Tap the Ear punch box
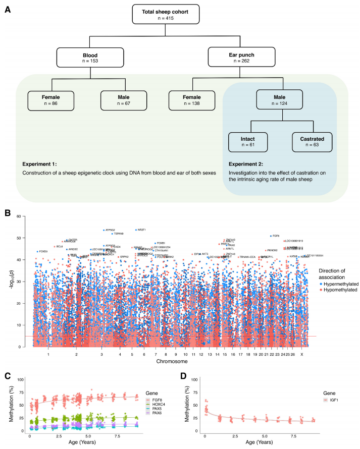233,57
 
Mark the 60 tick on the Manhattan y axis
19,216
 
